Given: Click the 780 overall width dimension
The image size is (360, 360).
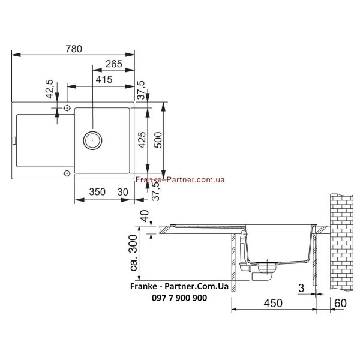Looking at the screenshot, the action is tap(74, 49).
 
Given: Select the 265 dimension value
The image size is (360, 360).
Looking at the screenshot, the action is tap(114, 64).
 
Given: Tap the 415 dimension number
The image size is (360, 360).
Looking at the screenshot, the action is tap(104, 79).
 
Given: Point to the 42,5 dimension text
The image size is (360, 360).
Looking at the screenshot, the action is tap(49, 89).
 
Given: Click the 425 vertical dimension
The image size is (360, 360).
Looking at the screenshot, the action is tap(142, 140).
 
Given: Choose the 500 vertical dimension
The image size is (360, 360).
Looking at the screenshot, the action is tap(158, 140).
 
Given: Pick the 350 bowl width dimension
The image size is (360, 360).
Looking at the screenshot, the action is tap(97, 192).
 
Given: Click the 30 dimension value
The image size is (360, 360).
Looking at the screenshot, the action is tap(122, 192).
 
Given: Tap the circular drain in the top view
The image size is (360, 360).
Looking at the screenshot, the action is tap(92, 140).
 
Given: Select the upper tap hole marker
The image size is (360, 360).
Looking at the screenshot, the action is tap(67, 107).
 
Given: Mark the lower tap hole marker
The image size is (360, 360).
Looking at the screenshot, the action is tap(67, 173).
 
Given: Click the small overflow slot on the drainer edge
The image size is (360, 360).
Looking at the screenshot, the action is tap(14, 140).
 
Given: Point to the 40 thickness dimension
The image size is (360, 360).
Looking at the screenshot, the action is tap(145, 216).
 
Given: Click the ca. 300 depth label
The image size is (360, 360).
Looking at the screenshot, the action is tap(133, 253).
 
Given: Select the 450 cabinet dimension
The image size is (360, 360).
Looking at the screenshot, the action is tap(273, 303).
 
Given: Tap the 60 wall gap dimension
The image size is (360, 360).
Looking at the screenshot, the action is tap(340, 303).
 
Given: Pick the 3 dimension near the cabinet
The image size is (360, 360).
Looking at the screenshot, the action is tap(301, 288).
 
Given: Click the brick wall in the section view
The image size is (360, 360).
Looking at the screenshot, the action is tap(341, 242).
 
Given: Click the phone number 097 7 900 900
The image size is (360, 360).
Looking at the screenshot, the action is tap(179, 298).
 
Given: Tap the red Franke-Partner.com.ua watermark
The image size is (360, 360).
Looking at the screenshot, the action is tap(180, 179).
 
